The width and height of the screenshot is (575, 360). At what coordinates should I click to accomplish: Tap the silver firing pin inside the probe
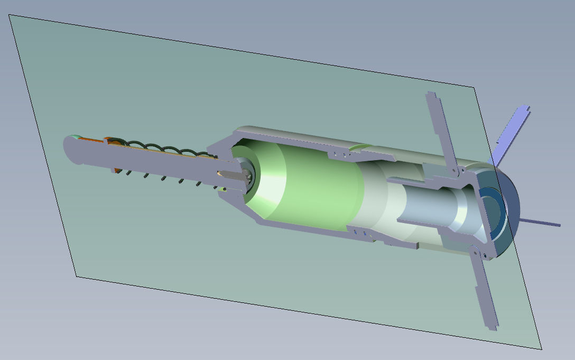(233, 174)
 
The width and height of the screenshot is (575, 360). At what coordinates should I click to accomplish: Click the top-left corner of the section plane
(10, 15)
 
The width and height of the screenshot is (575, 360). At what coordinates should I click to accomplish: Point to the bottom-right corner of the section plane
(542, 349)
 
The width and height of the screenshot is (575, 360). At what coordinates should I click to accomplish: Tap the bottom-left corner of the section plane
(77, 276)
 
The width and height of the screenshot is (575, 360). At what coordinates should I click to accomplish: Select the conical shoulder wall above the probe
(222, 142)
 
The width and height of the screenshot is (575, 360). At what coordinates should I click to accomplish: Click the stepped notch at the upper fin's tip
(431, 97)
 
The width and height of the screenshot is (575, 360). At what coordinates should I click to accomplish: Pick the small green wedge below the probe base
(224, 189)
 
